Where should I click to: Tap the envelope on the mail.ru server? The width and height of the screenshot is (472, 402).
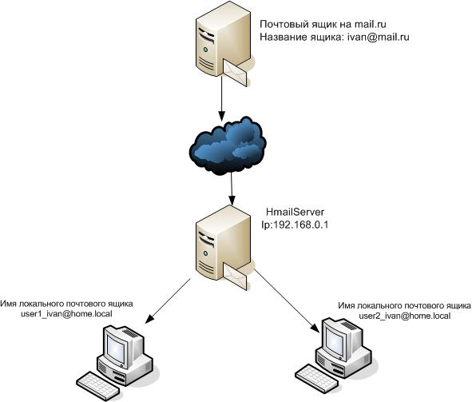click(236, 72)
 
